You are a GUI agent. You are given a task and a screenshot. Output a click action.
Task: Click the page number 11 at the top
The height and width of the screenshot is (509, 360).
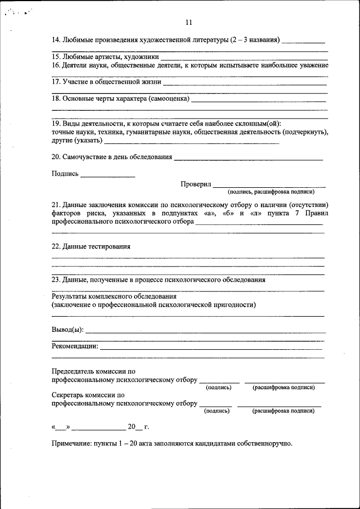click(188, 22)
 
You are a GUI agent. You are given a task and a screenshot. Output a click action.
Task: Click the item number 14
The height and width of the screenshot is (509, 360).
click(56, 40)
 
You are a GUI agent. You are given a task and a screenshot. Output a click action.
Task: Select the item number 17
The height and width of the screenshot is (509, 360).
click(56, 82)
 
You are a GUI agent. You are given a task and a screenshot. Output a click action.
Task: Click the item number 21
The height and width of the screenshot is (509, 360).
click(56, 205)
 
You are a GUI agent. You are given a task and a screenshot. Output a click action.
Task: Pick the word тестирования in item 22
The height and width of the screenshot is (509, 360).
click(111, 246)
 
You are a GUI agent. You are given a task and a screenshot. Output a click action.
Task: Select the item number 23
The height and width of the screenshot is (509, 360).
click(56, 280)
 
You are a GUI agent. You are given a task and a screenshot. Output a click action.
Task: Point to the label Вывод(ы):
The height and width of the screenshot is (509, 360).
click(67, 329)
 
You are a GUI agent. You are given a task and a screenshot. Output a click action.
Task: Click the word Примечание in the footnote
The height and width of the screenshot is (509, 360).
click(70, 444)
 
